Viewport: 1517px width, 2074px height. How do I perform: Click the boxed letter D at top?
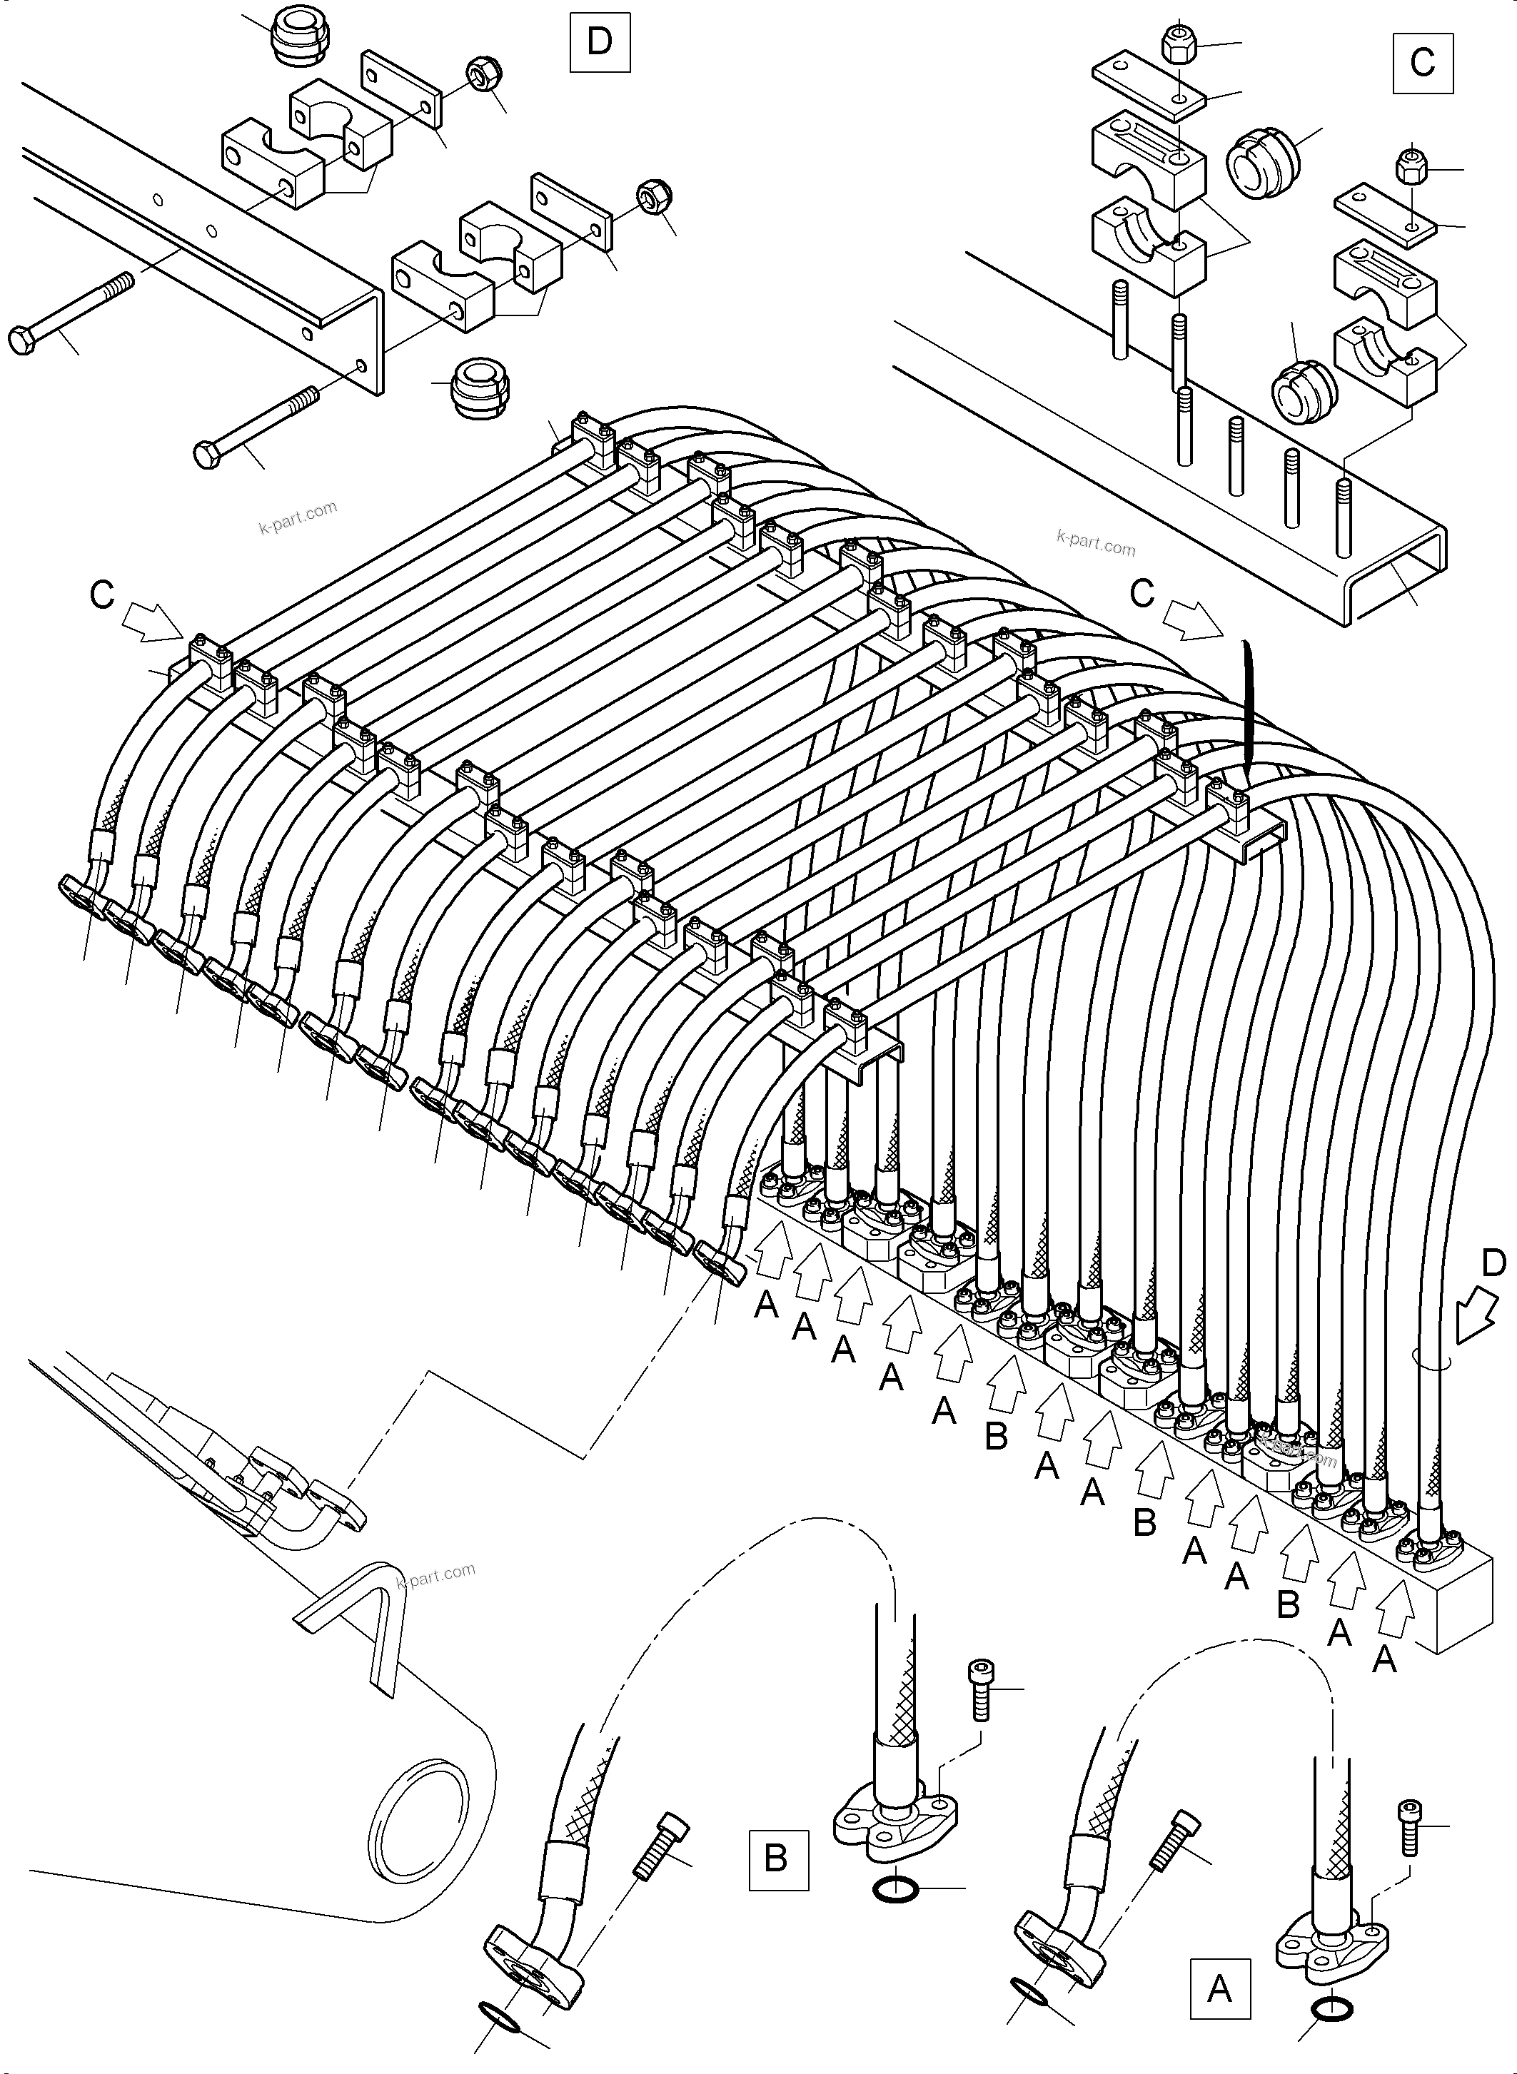tap(600, 42)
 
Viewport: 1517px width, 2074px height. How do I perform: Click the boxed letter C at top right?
tap(1423, 62)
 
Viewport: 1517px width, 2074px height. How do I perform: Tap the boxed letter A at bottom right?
tap(1219, 1988)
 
